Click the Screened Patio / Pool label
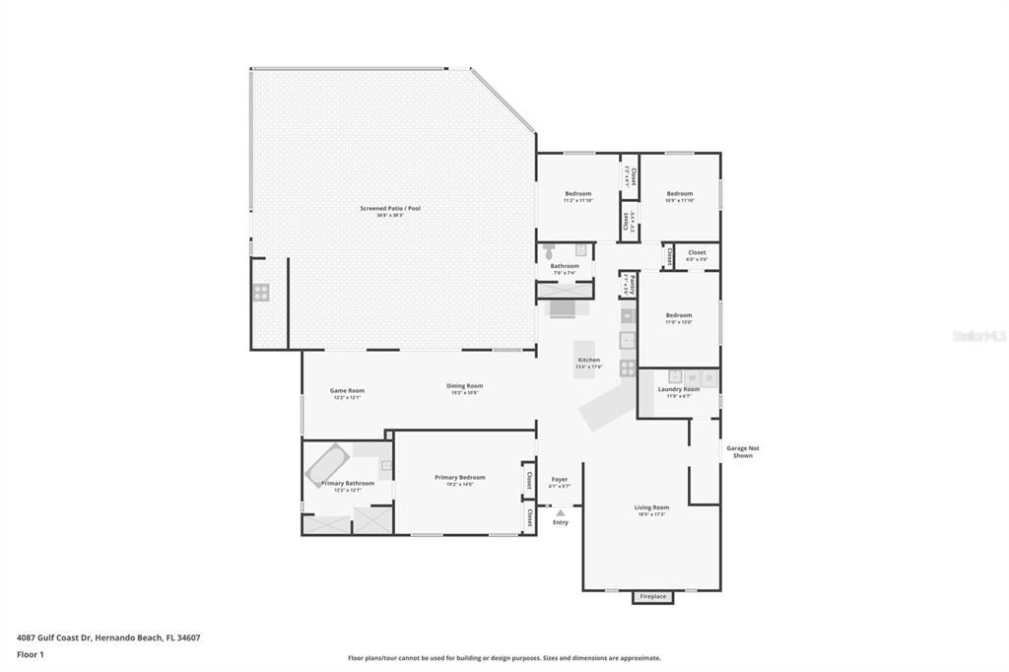pos(390,208)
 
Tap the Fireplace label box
pos(653,596)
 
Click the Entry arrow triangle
pos(560,512)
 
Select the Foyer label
pos(560,480)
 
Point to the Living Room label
pos(652,507)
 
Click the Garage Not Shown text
pos(743,451)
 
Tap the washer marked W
pos(692,377)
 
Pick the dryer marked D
pos(708,377)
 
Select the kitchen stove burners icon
pos(628,368)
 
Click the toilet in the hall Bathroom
pos(549,251)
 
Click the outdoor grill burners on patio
pos(261,292)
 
